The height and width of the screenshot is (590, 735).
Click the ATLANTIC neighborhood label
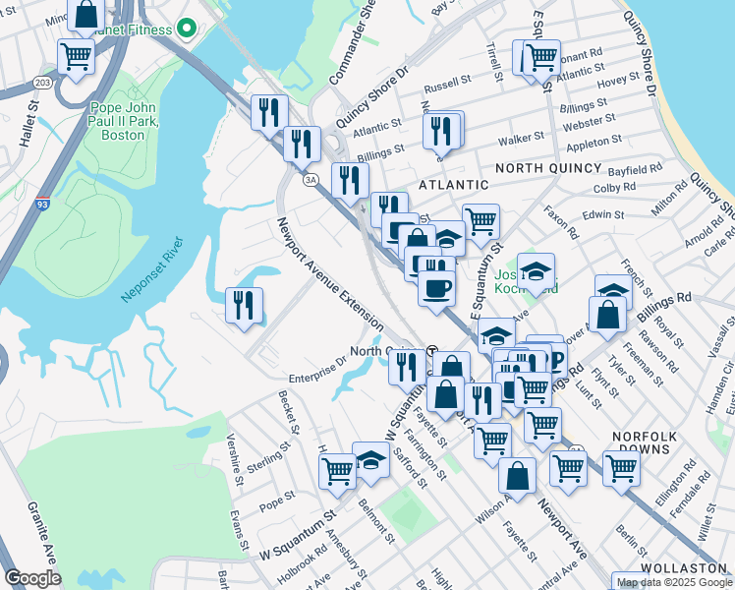coord(453,184)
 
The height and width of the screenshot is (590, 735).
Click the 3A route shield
coord(311,179)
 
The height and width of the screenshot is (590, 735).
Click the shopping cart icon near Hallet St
coord(76,56)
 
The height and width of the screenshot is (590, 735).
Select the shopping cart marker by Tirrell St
coord(539,57)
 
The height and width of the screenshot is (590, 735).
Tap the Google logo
coord(32,578)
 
